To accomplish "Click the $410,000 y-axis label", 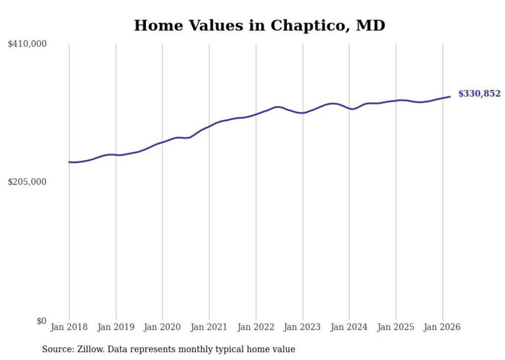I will click(x=27, y=44).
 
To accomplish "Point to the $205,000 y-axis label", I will click(x=27, y=182).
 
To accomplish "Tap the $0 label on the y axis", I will click(x=41, y=321).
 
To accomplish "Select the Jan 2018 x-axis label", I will click(x=69, y=327).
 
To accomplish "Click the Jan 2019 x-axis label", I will click(x=116, y=327).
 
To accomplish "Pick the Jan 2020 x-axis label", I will click(x=162, y=327).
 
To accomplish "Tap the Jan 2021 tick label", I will click(x=209, y=327).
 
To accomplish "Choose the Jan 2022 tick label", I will click(x=256, y=327).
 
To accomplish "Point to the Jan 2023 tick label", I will click(x=302, y=327).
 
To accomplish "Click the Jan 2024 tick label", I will click(x=349, y=327).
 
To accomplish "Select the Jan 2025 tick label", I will click(x=396, y=327).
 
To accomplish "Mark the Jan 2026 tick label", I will click(x=442, y=327).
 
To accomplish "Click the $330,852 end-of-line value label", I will click(x=479, y=94).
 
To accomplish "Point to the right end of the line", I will click(x=450, y=97).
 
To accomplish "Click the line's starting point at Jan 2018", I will click(x=69, y=162).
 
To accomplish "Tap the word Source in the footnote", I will click(x=56, y=349).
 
